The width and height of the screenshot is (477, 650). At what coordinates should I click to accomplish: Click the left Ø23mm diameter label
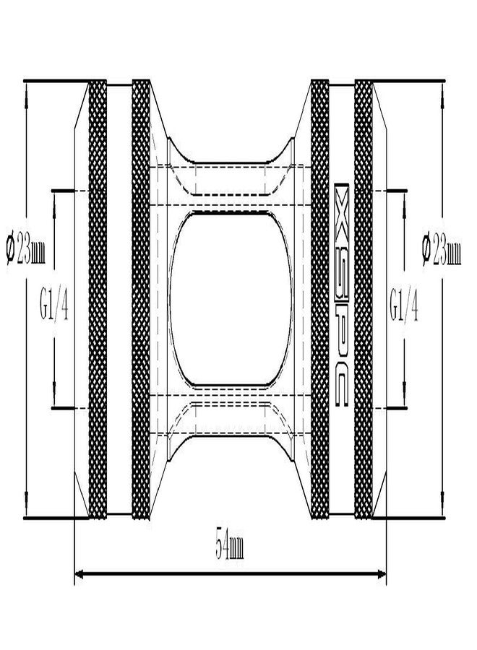pos(26,248)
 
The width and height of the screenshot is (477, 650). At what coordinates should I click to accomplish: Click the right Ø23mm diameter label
pos(442,250)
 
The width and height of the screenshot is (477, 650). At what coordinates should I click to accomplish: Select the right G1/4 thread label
pos(403,305)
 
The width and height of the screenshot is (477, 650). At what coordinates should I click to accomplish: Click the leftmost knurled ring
pos(98,299)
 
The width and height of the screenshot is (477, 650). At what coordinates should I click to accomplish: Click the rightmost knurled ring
pos(364,299)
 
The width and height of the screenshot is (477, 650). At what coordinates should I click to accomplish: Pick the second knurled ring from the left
pos(141,299)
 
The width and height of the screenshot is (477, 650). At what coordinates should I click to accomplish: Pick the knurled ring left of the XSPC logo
pos(319,299)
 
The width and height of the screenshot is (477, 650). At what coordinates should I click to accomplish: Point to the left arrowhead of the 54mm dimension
pos(79,573)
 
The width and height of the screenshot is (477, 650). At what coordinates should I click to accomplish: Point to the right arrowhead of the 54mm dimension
pos(381,573)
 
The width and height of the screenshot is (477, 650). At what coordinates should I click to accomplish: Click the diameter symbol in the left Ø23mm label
pos(11,250)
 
